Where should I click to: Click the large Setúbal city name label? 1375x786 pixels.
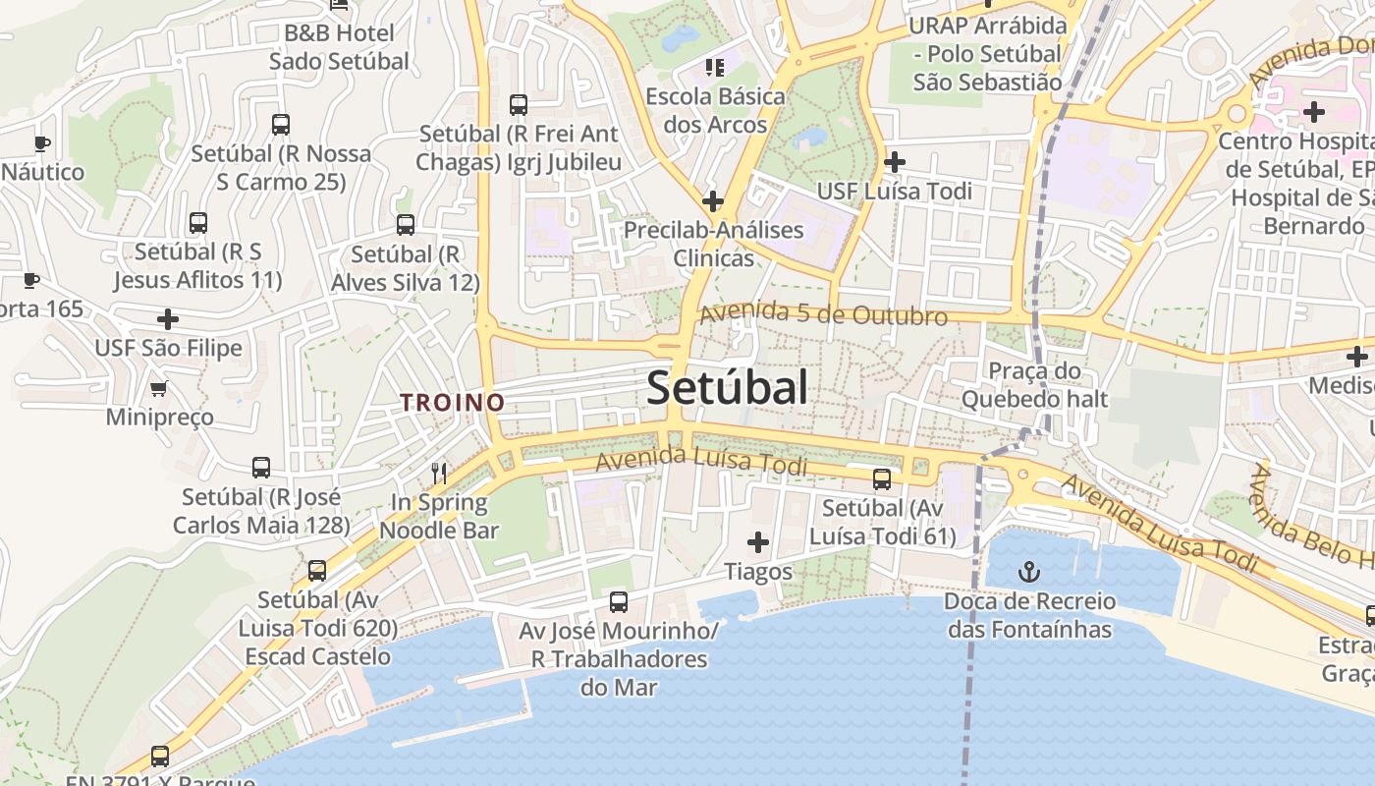tap(728, 387)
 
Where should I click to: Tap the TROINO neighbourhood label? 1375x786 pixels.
tap(452, 402)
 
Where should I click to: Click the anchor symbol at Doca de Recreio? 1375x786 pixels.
tap(1029, 571)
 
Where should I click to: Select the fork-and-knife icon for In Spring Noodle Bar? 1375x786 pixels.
tap(439, 474)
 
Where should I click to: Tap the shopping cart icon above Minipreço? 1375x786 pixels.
tap(159, 388)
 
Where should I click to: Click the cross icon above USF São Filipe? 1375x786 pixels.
tap(168, 319)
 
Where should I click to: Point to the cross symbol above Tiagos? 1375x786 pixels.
tap(757, 541)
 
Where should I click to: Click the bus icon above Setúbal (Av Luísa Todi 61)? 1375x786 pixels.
tap(882, 479)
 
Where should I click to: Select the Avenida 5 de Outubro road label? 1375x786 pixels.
tap(823, 314)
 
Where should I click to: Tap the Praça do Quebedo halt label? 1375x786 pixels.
tap(1034, 385)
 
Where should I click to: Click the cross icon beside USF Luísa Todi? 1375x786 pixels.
tap(894, 162)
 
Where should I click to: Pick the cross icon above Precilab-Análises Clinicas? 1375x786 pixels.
tap(713, 201)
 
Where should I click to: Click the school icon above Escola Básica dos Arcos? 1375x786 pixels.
tap(715, 67)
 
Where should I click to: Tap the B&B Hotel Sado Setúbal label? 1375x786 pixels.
tap(339, 46)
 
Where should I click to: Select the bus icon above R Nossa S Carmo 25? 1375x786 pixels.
tap(281, 125)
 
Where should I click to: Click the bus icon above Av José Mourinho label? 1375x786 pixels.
tap(618, 602)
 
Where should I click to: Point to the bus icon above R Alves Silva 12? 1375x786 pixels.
tap(405, 225)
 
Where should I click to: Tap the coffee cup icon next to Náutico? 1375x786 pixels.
tap(41, 143)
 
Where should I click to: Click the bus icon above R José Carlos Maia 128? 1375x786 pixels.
tap(261, 468)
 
